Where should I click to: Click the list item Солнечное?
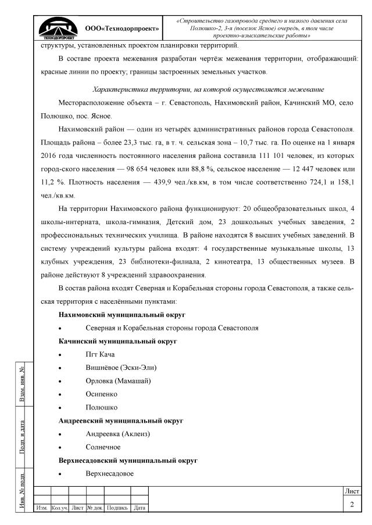[103, 447]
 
